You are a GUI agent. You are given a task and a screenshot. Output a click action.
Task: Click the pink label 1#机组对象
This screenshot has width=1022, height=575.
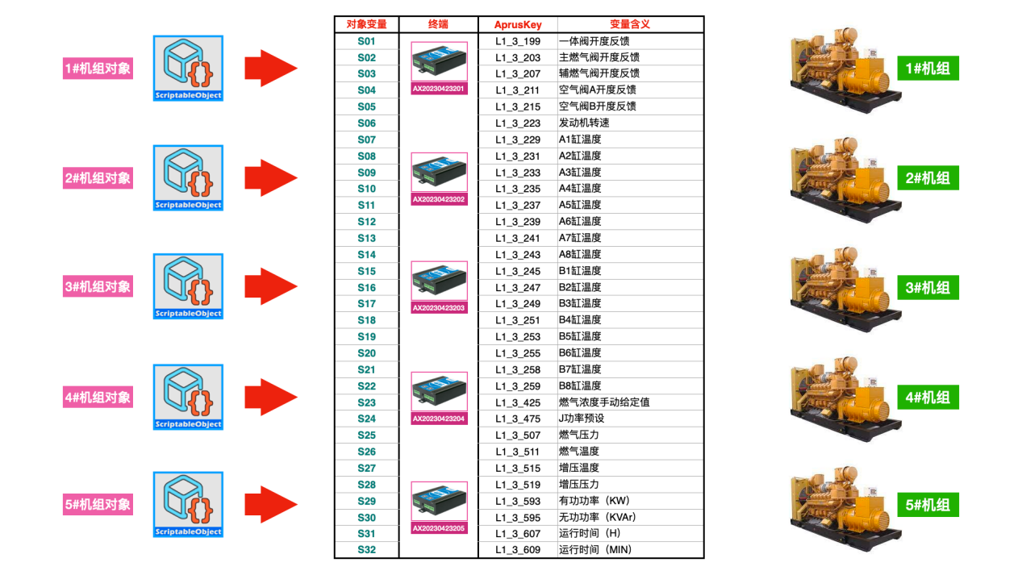tap(98, 69)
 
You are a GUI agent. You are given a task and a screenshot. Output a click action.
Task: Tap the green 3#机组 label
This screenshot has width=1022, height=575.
tap(928, 286)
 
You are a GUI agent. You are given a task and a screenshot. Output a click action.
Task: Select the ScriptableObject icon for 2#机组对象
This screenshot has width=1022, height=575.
tap(189, 177)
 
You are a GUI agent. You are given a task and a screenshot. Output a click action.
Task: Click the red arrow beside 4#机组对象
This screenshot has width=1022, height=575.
tap(271, 396)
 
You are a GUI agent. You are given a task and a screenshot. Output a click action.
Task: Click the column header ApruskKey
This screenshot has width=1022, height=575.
tap(518, 24)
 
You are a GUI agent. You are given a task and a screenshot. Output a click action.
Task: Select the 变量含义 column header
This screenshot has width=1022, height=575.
tap(629, 24)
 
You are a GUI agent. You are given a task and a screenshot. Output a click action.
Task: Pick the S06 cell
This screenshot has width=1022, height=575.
tap(366, 123)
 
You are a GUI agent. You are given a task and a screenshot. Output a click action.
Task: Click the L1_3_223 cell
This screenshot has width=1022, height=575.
tap(518, 123)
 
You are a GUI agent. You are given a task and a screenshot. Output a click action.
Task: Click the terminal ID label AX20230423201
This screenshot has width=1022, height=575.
tap(439, 89)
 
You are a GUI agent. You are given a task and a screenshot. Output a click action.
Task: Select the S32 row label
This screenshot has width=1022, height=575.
tap(366, 550)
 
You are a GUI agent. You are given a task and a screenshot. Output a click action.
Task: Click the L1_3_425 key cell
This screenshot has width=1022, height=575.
tap(518, 402)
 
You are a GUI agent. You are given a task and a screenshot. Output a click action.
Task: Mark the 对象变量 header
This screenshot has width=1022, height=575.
tap(366, 24)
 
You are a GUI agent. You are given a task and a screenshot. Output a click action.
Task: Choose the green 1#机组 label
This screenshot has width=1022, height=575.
tap(928, 69)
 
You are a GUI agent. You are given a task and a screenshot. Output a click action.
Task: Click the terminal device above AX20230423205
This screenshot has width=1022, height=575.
tap(439, 501)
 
